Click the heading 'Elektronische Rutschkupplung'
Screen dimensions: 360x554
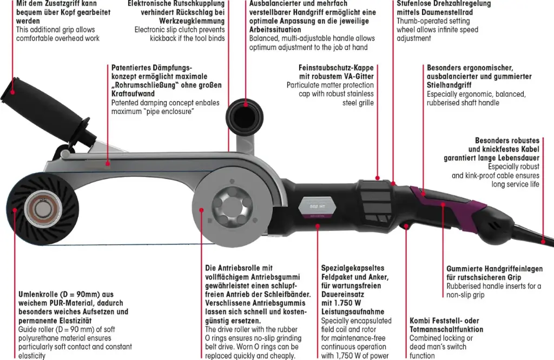(176, 4)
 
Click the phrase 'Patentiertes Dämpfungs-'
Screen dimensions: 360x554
(151, 68)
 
